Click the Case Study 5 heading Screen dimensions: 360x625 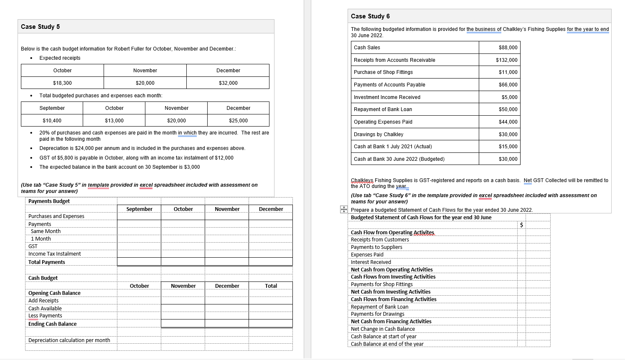point(41,27)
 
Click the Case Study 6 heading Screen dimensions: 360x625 point(370,16)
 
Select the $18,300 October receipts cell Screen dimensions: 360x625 point(62,83)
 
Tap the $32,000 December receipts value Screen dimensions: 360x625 point(228,83)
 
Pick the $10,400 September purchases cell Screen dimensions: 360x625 point(52,121)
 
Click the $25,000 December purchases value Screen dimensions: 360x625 point(238,121)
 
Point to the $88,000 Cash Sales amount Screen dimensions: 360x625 point(508,48)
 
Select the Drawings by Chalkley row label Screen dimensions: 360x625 point(379,134)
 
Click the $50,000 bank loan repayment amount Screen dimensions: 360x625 point(508,109)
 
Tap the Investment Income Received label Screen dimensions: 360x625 point(387,97)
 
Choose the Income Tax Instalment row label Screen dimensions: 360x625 point(55,254)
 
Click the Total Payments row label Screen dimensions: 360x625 point(47,262)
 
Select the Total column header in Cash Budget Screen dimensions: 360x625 point(271,286)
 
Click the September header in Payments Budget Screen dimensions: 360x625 point(139,209)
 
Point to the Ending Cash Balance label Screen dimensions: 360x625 point(53,324)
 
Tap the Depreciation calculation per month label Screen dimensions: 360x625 point(69,340)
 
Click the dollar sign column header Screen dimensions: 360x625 point(521,225)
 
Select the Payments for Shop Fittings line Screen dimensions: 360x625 point(382,284)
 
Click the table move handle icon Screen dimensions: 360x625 point(344,209)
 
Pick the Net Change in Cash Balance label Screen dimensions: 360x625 point(383,329)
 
